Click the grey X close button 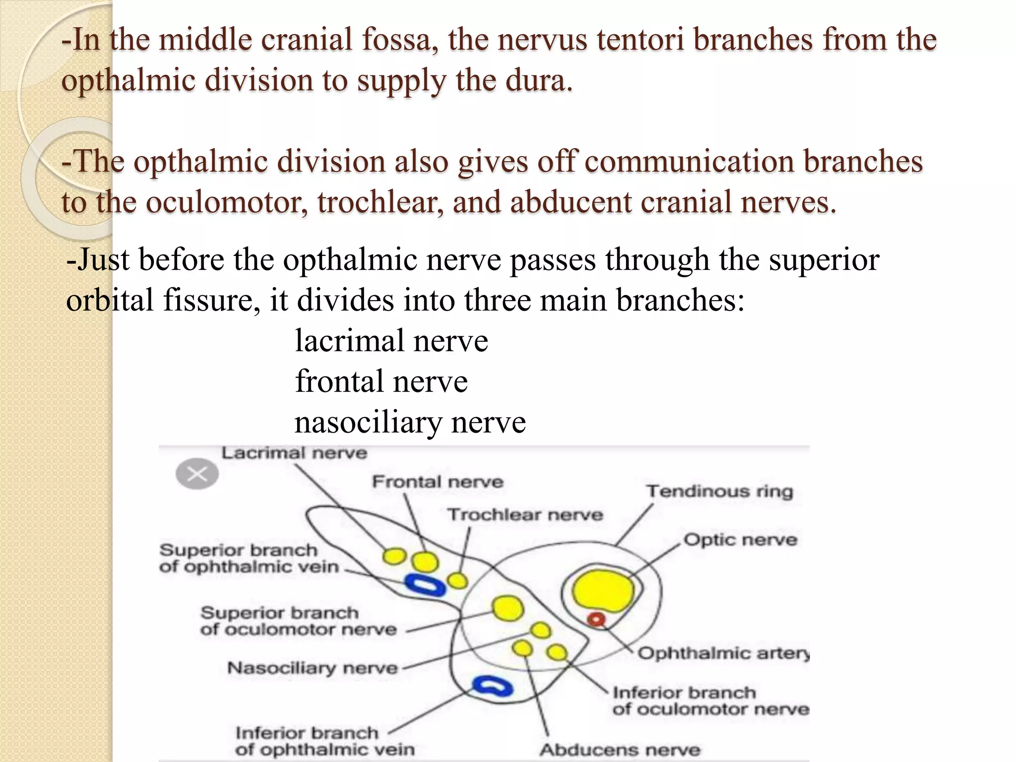pyautogui.click(x=197, y=474)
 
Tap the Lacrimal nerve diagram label pyautogui.click(x=294, y=453)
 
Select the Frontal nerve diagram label pyautogui.click(x=438, y=482)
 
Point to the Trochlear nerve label pyautogui.click(x=525, y=514)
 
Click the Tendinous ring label pyautogui.click(x=719, y=491)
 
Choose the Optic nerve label pyautogui.click(x=740, y=539)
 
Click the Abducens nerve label pyautogui.click(x=620, y=750)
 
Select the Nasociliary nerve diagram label pyautogui.click(x=313, y=668)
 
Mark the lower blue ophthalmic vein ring pyautogui.click(x=492, y=686)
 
